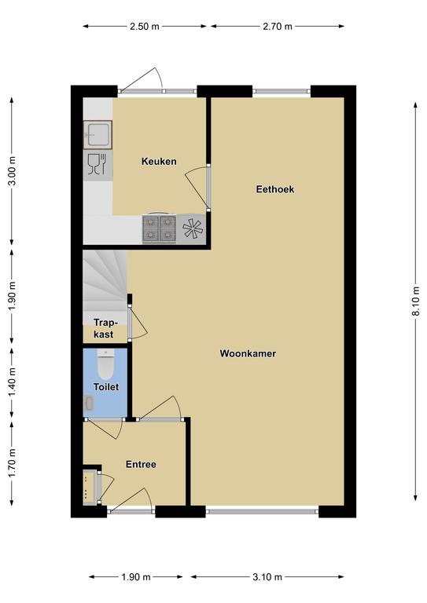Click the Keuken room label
click(x=159, y=161)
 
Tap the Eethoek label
click(x=275, y=188)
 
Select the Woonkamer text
click(x=248, y=353)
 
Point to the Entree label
click(x=141, y=464)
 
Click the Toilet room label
click(x=106, y=387)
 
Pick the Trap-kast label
click(x=105, y=328)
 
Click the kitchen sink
click(x=98, y=134)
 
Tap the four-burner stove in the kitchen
click(x=160, y=228)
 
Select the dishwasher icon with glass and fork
click(x=98, y=165)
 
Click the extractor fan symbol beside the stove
click(x=192, y=228)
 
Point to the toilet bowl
click(x=105, y=364)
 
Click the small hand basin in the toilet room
click(x=89, y=403)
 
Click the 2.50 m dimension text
click(x=145, y=27)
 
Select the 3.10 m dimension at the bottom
click(x=267, y=577)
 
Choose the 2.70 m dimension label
click(x=278, y=27)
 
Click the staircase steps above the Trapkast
click(x=105, y=281)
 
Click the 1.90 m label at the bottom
click(x=136, y=577)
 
